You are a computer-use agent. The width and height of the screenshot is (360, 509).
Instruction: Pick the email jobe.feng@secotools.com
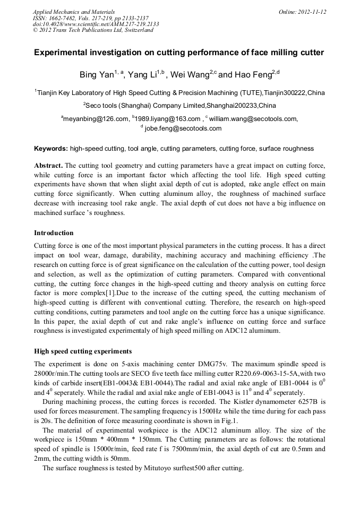pos(183,128)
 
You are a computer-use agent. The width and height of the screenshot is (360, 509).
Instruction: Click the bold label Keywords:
pos(51,149)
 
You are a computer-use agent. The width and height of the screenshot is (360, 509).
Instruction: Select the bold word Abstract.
pos(48,165)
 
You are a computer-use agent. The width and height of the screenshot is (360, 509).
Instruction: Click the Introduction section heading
pos(54,232)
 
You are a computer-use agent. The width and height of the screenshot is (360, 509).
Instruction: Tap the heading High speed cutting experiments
pos(83,351)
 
